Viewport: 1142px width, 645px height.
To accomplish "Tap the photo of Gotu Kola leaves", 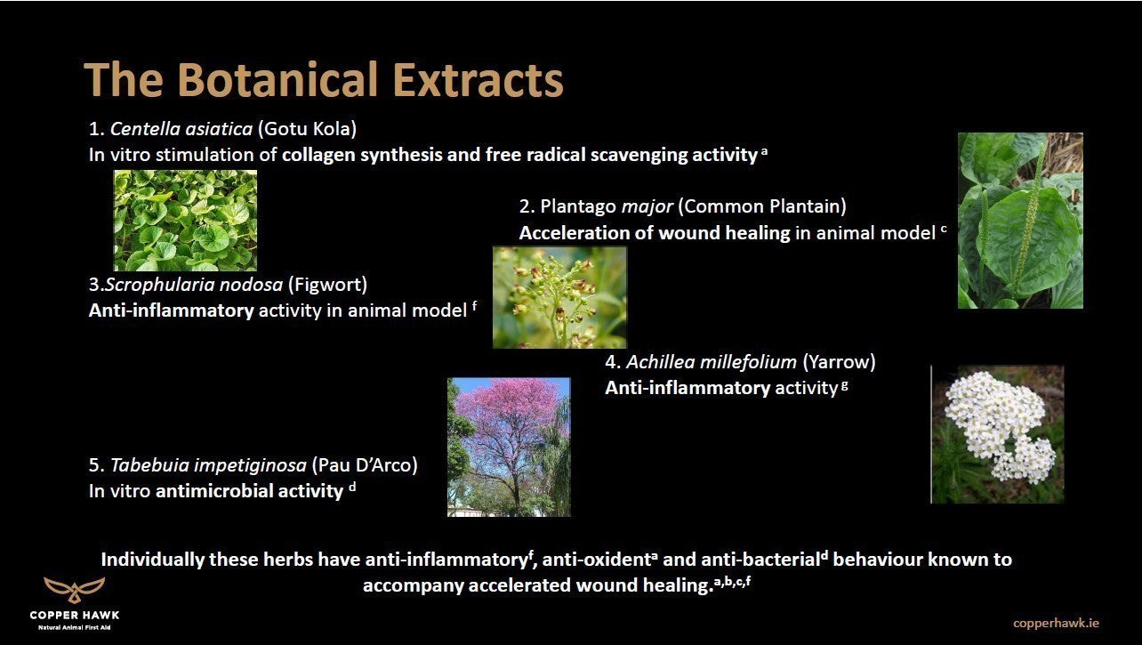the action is [x=185, y=221].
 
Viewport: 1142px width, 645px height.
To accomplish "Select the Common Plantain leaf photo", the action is [x=1020, y=221].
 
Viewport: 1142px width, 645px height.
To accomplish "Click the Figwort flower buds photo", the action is [x=559, y=298].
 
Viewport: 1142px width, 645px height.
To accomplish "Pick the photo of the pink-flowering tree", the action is [x=509, y=447].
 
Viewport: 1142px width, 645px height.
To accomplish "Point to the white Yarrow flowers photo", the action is [x=998, y=434].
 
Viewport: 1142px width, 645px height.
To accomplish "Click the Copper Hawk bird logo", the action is [x=75, y=590].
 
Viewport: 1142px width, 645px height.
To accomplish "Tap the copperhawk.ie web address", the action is [x=1056, y=623].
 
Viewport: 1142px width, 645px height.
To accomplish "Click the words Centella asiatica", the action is [x=181, y=128].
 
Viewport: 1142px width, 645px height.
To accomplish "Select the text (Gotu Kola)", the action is [x=307, y=128].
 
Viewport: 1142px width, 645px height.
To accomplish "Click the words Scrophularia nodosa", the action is [x=194, y=284].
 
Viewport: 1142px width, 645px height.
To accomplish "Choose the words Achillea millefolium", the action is [x=712, y=361].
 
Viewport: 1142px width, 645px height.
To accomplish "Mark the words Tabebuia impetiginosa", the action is [x=208, y=465].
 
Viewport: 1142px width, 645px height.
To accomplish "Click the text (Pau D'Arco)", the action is [x=365, y=465].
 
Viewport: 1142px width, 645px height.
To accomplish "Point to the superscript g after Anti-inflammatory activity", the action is [x=845, y=385].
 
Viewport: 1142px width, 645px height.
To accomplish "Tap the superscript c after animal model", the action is [x=944, y=229].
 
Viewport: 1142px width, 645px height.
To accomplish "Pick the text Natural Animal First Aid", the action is [x=75, y=628].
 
